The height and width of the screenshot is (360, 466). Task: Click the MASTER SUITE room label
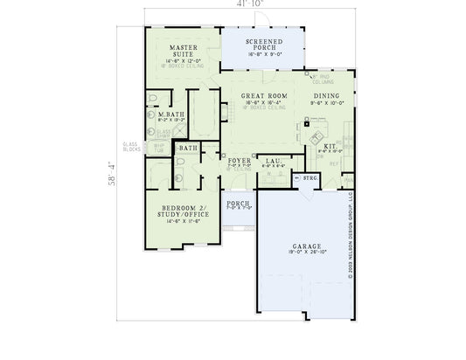tap(182, 50)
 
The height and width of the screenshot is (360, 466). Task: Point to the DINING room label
tap(327, 96)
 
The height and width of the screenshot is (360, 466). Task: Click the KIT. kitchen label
tap(330, 146)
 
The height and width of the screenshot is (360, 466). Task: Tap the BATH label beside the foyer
tap(187, 149)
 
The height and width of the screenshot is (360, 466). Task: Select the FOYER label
tap(240, 161)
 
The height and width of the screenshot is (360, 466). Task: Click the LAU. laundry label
tap(272, 161)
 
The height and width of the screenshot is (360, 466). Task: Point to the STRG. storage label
tap(310, 178)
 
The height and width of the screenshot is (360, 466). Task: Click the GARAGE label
tap(306, 247)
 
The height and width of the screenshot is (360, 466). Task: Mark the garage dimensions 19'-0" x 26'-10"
tap(306, 254)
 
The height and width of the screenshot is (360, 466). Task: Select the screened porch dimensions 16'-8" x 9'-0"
tap(262, 54)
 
